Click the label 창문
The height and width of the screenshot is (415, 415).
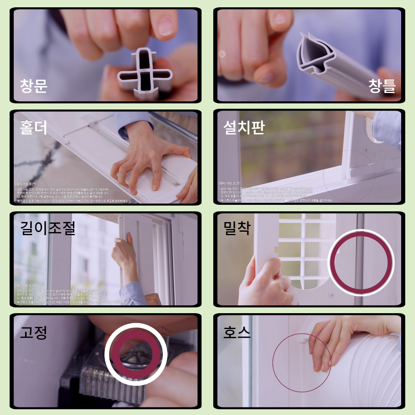tap(34, 86)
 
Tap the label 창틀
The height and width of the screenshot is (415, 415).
tap(382, 86)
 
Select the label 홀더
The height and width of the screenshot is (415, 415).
tap(34, 128)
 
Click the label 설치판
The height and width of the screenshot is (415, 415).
tap(244, 128)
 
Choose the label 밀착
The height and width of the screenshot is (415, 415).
tap(237, 228)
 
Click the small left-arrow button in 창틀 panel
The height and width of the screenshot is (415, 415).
tap(222, 54)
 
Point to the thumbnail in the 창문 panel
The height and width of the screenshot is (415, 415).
tap(106, 55)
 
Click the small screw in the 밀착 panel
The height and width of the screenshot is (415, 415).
tap(332, 295)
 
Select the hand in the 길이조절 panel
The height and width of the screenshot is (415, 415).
tap(125, 256)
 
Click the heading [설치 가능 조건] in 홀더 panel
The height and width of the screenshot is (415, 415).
tap(25, 184)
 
